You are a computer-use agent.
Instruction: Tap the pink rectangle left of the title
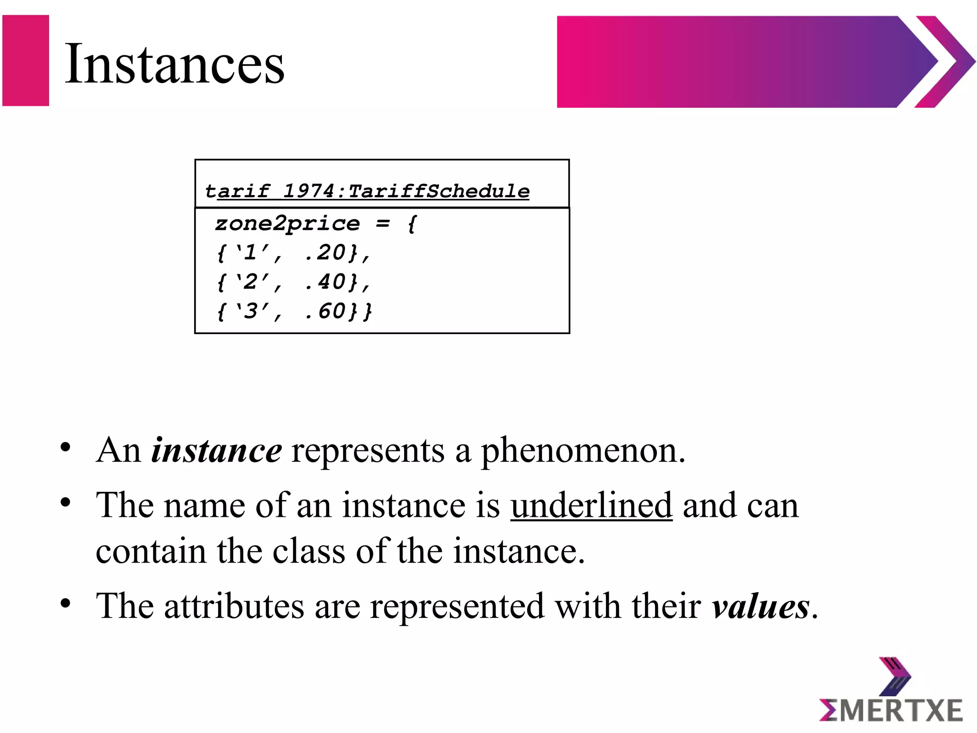point(26,61)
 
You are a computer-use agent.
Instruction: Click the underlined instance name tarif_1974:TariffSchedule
point(367,191)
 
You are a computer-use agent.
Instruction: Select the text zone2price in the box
point(287,223)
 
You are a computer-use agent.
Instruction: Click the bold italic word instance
point(217,450)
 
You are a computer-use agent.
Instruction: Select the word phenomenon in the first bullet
point(582,450)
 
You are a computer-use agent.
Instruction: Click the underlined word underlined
point(591,505)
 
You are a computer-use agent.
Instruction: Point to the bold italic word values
point(760,606)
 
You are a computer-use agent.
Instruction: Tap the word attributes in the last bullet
point(234,606)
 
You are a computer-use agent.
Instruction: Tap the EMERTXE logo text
point(891,711)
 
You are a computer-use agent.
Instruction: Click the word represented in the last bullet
point(457,606)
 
